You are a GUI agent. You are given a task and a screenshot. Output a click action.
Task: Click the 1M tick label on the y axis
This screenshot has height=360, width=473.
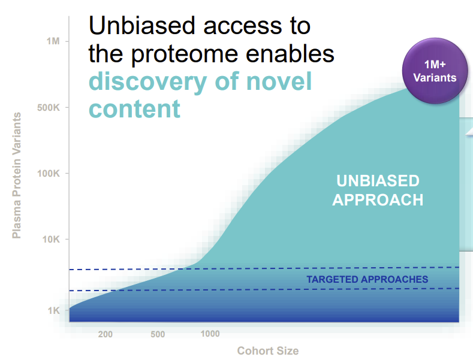pyautogui.click(x=53, y=41)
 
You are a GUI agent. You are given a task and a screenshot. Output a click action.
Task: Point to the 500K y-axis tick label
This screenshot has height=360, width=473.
pyautogui.click(x=49, y=107)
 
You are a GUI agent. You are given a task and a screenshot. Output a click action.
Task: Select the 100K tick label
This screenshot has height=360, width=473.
pyautogui.click(x=49, y=173)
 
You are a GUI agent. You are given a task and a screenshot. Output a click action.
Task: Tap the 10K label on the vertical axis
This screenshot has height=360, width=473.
pyautogui.click(x=51, y=240)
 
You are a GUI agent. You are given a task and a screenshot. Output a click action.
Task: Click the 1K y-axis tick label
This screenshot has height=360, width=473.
pyautogui.click(x=54, y=310)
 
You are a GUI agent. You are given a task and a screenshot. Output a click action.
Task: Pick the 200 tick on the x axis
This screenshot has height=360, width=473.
pyautogui.click(x=106, y=334)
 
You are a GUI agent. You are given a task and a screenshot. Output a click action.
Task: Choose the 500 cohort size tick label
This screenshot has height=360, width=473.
pyautogui.click(x=158, y=334)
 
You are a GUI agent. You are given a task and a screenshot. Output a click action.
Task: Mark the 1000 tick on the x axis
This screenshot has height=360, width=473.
pyautogui.click(x=210, y=334)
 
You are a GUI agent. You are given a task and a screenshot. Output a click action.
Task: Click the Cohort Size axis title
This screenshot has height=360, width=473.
pyautogui.click(x=268, y=350)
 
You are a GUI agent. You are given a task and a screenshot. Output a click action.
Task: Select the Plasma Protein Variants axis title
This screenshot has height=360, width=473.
pyautogui.click(x=17, y=176)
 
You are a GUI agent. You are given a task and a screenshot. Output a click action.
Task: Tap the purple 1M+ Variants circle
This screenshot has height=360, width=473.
pyautogui.click(x=435, y=71)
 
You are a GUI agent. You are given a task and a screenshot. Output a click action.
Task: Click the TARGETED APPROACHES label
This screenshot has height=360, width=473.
pyautogui.click(x=367, y=279)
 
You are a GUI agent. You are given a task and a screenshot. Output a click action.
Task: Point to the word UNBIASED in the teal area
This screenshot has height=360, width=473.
pyautogui.click(x=378, y=181)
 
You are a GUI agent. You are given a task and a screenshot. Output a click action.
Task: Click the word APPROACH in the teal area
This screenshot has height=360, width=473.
pyautogui.click(x=378, y=200)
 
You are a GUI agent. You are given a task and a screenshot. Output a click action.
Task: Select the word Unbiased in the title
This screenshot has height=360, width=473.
pyautogui.click(x=142, y=26)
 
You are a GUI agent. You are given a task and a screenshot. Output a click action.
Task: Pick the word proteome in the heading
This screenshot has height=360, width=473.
pyautogui.click(x=184, y=55)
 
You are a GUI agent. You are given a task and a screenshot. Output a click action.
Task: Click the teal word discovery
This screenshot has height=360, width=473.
pyautogui.click(x=148, y=81)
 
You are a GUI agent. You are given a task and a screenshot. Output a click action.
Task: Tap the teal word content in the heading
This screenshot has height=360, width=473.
pyautogui.click(x=134, y=109)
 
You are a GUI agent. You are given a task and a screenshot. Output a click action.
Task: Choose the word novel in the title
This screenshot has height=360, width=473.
pyautogui.click(x=279, y=81)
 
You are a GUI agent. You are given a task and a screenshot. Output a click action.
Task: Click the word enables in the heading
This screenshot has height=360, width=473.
pyautogui.click(x=290, y=53)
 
